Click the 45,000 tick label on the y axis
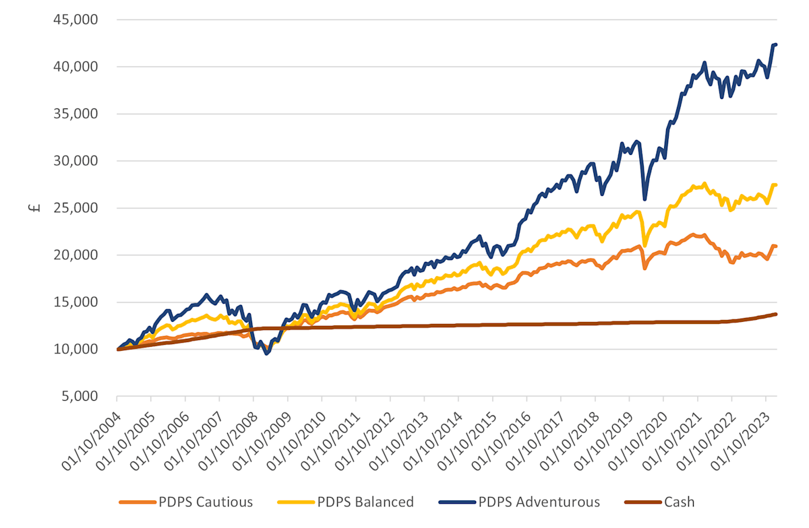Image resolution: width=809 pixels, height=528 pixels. click(76, 20)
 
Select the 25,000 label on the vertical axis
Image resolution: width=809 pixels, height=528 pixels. click(76, 208)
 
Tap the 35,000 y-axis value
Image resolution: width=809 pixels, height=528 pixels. click(76, 114)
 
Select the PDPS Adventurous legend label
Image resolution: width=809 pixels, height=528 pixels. click(539, 502)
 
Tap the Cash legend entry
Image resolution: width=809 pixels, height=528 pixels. click(679, 502)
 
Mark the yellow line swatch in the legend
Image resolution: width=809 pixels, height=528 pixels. click(295, 502)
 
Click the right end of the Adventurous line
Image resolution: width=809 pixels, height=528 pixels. click(776, 44)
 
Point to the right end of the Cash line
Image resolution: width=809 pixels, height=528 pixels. click(776, 314)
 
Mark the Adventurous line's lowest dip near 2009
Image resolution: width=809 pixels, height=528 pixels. click(267, 354)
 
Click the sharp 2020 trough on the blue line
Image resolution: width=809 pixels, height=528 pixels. click(645, 199)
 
